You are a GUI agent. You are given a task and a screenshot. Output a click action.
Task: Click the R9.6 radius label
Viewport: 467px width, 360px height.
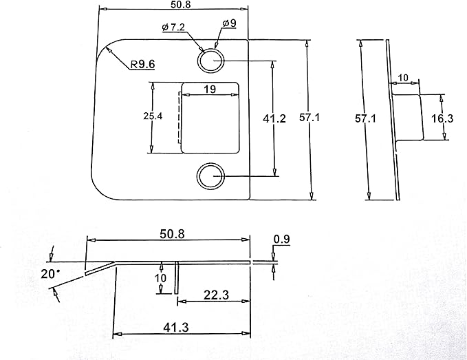[x=143, y=64]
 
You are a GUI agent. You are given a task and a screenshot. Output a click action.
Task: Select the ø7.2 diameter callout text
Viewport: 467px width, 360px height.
[x=173, y=27]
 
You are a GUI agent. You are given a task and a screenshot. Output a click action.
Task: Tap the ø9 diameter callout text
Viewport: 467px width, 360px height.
[x=229, y=23]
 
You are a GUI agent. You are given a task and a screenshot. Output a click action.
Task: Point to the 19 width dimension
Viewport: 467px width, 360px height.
[x=210, y=89]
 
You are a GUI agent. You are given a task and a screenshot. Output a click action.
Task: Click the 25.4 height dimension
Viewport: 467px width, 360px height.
[x=153, y=116]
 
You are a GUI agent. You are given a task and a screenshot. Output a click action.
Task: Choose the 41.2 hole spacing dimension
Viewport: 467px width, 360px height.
[x=274, y=118]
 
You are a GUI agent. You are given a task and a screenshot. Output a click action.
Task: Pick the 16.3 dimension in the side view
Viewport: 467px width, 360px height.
[x=442, y=118]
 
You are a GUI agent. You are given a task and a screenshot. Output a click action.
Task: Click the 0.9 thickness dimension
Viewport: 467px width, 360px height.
[x=282, y=240]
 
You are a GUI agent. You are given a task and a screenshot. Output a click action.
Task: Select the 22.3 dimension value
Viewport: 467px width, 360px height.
[x=216, y=295]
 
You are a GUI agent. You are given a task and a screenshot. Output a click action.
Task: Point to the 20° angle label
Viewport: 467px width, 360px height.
[x=50, y=274]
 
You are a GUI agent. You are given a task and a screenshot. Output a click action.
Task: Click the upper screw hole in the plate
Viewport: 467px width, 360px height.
[x=210, y=61]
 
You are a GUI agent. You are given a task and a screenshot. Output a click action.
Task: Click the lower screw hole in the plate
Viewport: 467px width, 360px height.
[x=210, y=176]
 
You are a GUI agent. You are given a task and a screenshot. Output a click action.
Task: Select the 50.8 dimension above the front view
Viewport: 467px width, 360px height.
[x=180, y=4]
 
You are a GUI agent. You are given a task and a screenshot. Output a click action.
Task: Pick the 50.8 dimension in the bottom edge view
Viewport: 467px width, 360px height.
[x=172, y=234]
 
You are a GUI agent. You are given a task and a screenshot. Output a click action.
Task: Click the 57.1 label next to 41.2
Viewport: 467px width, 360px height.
[x=309, y=118]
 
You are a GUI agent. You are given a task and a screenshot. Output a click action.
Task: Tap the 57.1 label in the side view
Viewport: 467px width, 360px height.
[x=365, y=118]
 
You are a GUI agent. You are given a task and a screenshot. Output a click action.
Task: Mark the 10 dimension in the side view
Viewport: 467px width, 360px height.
[x=403, y=78]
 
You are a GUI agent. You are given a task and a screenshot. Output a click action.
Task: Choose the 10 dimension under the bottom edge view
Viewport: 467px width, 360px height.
[x=160, y=278]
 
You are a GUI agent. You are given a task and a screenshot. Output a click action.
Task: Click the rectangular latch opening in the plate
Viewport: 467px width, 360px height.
[x=210, y=118]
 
